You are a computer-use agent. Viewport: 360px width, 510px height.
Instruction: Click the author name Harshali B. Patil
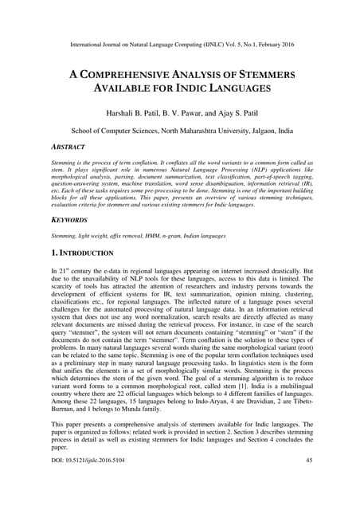coord(128,115)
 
